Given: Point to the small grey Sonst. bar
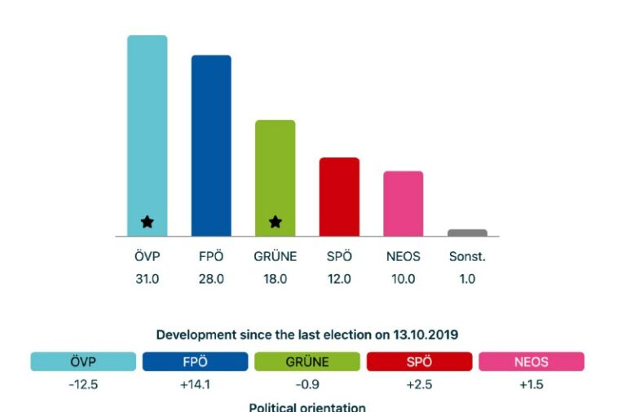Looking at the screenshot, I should (467, 233).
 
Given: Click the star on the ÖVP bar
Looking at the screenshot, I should (147, 221).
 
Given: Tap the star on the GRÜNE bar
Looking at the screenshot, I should (276, 221).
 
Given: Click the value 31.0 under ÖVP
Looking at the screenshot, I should (147, 278).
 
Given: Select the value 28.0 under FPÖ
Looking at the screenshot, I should (211, 278).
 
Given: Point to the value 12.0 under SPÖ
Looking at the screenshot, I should (339, 278).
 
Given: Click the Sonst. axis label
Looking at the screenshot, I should (467, 256).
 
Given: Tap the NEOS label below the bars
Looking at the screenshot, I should (403, 256).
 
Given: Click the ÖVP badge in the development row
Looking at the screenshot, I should (83, 361).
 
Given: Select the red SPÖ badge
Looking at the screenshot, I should (419, 361).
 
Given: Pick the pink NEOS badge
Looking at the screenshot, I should (531, 361).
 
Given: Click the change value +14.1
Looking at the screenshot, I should (195, 384).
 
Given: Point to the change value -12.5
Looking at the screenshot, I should (83, 384).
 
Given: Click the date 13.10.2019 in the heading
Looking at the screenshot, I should (425, 334).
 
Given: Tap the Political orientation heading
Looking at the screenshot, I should (307, 406).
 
